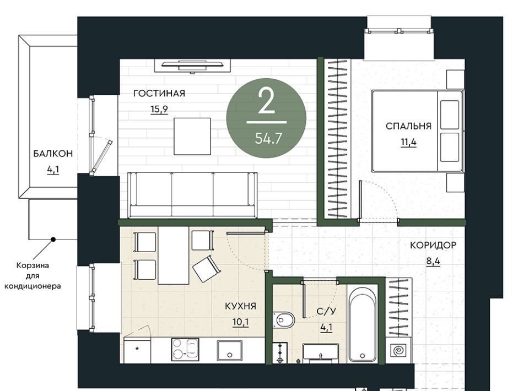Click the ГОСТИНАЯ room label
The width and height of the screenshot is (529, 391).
159,94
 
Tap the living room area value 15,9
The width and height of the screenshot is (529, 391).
159,109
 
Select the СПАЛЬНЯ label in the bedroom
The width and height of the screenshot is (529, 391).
408,127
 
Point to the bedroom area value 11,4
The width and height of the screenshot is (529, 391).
408,142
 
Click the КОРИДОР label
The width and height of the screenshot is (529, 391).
433,246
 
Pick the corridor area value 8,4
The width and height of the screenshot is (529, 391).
433,261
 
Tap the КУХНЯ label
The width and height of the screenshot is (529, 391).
241,306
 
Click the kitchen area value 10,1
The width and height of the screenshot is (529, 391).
241,322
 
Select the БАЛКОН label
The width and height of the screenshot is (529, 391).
53,154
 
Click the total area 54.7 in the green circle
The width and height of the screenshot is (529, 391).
268,138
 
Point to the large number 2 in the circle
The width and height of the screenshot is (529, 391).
267,100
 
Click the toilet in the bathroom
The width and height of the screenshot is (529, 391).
284,319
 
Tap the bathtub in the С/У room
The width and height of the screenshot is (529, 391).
363,324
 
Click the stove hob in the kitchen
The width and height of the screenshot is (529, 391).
185,349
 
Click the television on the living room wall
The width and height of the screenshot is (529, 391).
193,65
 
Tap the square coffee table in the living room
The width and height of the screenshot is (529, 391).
192,136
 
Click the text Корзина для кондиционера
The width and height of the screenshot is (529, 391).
33,276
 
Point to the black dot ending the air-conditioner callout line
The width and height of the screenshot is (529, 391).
53,240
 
